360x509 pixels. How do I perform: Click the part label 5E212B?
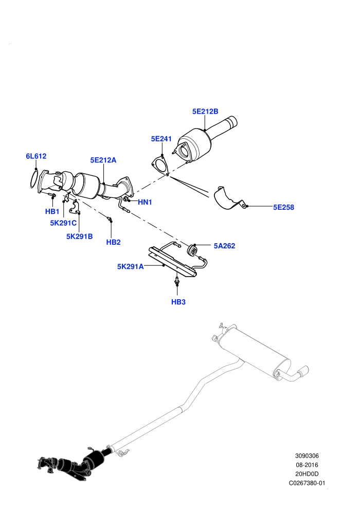click(x=205, y=112)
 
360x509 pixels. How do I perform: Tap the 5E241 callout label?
click(x=161, y=139)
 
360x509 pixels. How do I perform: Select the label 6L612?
click(x=36, y=156)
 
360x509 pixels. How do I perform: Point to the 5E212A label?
click(x=103, y=160)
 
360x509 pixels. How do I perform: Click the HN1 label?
click(x=145, y=202)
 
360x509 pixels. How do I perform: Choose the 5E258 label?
click(x=283, y=207)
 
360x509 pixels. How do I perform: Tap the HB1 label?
click(x=52, y=212)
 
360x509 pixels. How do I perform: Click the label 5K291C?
click(x=63, y=223)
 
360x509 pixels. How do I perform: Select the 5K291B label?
click(x=80, y=237)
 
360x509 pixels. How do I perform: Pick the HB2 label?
click(x=113, y=242)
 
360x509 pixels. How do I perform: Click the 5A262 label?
click(x=224, y=246)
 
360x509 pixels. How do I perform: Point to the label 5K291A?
click(x=130, y=267)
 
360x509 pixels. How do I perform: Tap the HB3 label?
click(x=178, y=302)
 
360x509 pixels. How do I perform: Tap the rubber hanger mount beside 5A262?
click(x=192, y=250)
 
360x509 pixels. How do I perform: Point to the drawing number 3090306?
click(x=307, y=456)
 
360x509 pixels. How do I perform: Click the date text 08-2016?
click(x=307, y=465)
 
